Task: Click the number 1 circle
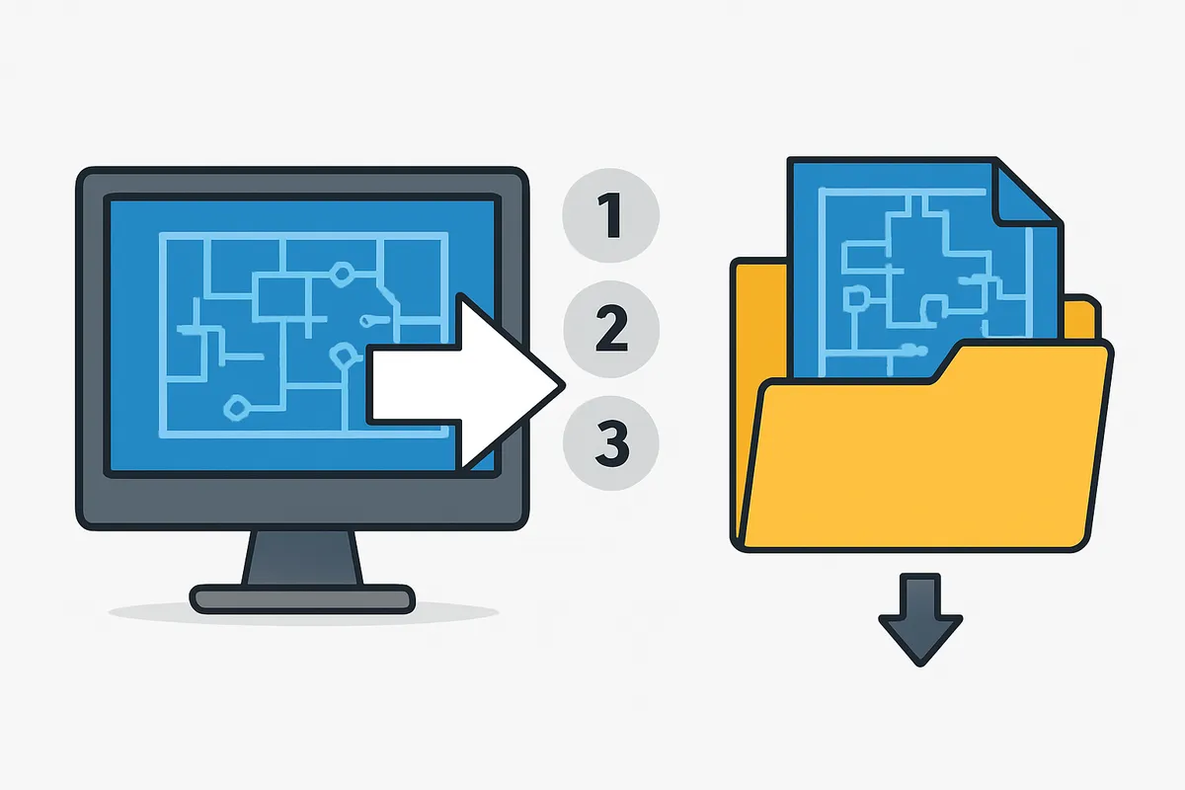(610, 215)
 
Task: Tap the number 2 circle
(611, 329)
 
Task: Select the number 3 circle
(611, 442)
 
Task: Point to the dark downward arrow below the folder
(920, 619)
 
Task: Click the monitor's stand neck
(302, 558)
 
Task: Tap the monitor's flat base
(302, 599)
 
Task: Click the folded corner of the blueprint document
(1024, 194)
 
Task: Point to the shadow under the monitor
(303, 614)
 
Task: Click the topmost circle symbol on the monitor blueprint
(342, 275)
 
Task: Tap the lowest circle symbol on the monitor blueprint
(236, 408)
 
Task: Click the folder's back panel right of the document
(1080, 318)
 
